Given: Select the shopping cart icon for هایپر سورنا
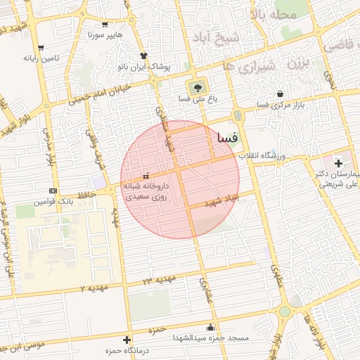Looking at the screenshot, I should (105, 23).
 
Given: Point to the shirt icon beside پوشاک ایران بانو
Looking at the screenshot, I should (144, 55).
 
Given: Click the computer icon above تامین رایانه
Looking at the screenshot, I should (41, 49).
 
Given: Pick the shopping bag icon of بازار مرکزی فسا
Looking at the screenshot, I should (281, 94).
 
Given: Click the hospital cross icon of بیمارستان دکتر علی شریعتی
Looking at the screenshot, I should (339, 163).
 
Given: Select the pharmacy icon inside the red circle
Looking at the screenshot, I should (146, 176).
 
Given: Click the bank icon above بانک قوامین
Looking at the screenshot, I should (53, 191).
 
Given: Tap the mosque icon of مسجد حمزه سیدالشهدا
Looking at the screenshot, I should (211, 327).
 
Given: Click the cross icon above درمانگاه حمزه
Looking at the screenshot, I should (127, 340).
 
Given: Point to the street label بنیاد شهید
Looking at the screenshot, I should (223, 201).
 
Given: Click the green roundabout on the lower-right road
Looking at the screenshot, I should (284, 311).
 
